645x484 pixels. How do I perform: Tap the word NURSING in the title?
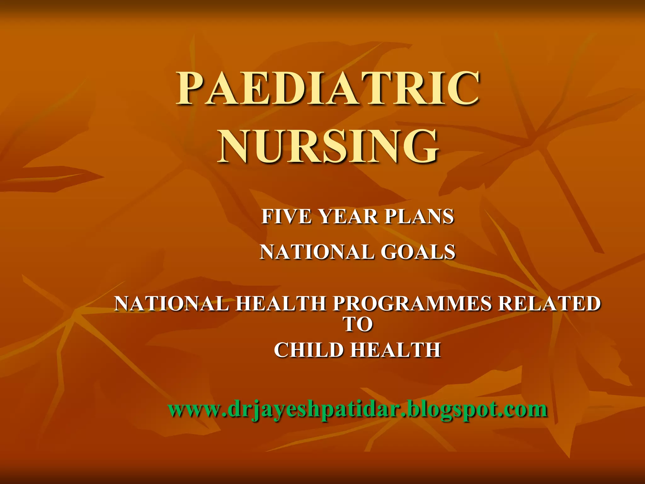pos(328,147)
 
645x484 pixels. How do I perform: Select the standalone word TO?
pos(358,325)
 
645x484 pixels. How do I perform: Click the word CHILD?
pos(308,350)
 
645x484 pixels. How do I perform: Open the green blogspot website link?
pos(358,409)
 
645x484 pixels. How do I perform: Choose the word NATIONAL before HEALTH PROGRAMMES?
pos(172,303)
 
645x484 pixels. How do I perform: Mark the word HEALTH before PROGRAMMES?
pos(281,303)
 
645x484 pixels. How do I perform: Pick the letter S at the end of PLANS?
pos(447,217)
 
